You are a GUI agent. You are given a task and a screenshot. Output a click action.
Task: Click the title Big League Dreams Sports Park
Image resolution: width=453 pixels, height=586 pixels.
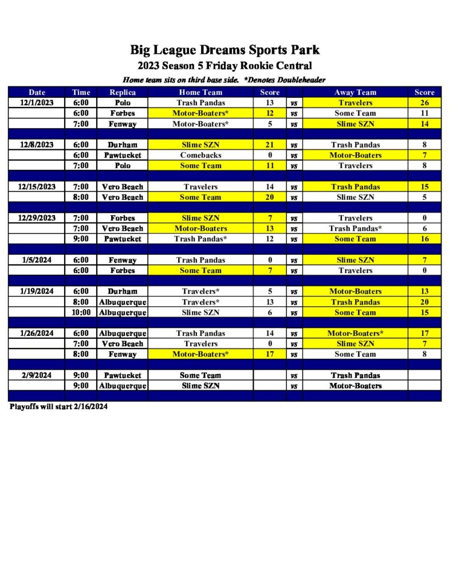[224, 50]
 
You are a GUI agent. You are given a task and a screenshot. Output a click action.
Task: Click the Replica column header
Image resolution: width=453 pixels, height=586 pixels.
[123, 92]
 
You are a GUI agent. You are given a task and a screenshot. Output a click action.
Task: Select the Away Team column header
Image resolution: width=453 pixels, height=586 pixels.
[355, 92]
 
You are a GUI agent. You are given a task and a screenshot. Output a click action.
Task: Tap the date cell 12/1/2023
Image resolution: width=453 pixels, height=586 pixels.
[37, 102]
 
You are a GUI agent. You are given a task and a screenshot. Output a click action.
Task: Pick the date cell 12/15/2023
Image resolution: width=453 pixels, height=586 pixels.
[37, 187]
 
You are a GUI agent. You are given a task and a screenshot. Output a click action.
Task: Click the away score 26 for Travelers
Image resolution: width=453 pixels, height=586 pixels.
[424, 102]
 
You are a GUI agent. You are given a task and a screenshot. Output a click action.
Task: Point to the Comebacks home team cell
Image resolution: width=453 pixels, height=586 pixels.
[200, 155]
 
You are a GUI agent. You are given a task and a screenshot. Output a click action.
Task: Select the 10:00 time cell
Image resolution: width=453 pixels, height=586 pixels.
[81, 312]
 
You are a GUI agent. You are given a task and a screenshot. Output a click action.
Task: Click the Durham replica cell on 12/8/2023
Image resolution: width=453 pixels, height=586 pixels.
[123, 145]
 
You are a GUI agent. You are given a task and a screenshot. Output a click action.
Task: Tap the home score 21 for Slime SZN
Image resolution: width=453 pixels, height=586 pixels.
[270, 145]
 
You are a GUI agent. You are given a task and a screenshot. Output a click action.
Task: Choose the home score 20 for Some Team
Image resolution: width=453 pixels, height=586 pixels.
[270, 197]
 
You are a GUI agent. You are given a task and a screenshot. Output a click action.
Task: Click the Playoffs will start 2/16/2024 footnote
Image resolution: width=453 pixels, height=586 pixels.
[58, 407]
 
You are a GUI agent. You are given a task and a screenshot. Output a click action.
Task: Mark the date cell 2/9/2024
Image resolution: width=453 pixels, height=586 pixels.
[37, 375]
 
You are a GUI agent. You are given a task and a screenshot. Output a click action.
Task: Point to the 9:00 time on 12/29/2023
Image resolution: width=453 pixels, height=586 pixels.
[81, 239]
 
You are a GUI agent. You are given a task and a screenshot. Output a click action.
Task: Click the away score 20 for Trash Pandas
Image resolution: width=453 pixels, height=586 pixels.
[424, 302]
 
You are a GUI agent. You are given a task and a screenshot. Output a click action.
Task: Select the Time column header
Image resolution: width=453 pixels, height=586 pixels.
[81, 92]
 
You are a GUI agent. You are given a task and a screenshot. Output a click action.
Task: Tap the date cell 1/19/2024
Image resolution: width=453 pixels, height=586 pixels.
[37, 291]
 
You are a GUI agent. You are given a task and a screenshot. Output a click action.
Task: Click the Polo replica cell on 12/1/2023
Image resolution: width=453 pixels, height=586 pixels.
[123, 102]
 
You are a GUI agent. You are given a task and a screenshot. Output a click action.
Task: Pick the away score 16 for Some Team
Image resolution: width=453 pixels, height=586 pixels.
[424, 239]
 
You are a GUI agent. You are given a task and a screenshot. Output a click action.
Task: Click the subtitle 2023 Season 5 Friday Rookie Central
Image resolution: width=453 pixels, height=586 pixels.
[224, 66]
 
